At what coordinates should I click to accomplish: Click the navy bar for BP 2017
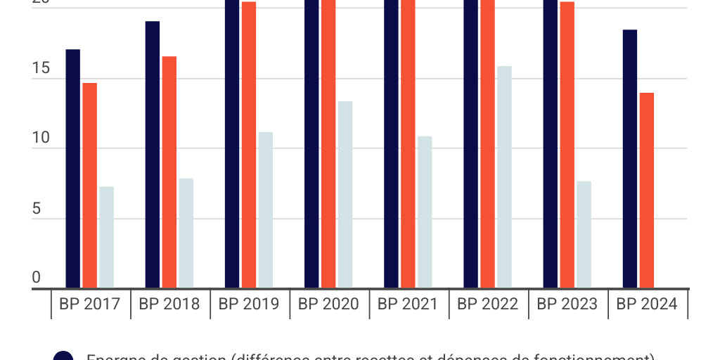tap(72, 169)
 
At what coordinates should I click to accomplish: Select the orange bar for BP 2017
tap(89, 186)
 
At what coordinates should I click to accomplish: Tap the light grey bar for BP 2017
tap(106, 237)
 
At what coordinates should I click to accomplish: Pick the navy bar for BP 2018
tap(152, 155)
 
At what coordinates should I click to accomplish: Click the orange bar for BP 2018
tap(169, 172)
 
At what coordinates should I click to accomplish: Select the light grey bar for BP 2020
tap(345, 195)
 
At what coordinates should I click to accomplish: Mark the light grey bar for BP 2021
tap(424, 212)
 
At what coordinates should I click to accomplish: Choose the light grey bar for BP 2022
tap(504, 177)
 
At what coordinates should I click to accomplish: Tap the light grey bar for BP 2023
tap(584, 235)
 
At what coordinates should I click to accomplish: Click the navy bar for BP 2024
tap(630, 159)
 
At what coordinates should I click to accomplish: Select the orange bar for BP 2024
tap(647, 191)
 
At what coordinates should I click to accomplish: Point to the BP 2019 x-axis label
tap(249, 304)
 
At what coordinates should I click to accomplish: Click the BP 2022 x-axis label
tap(487, 304)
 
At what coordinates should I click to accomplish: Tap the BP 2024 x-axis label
tap(647, 304)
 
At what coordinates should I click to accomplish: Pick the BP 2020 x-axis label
tap(328, 304)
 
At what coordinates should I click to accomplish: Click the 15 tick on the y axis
tap(41, 69)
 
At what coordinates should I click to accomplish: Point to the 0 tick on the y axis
tap(37, 278)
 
